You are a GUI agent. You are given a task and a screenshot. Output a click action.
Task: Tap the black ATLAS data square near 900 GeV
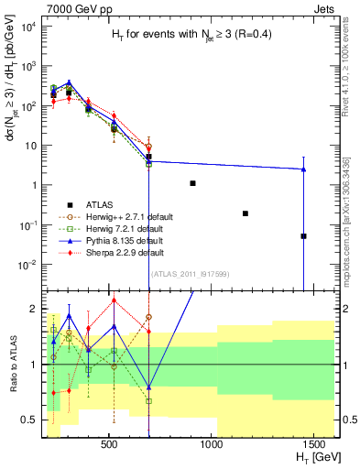pyautogui.click(x=192, y=183)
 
